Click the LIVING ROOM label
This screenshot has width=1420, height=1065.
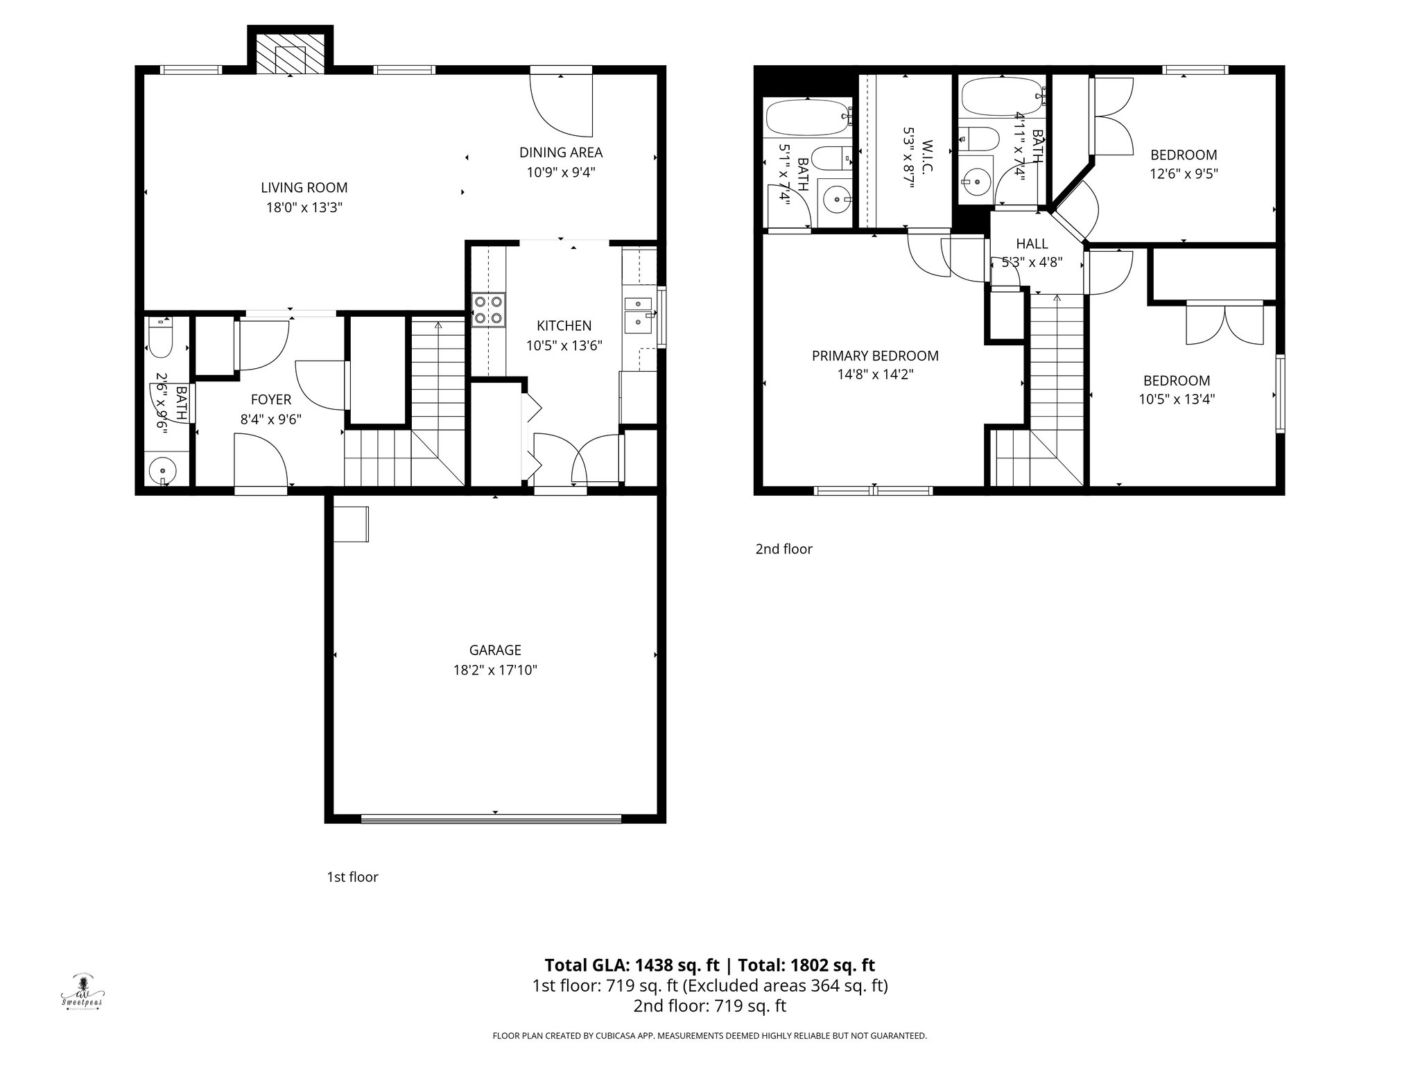(x=304, y=187)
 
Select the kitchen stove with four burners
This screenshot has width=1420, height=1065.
(x=488, y=310)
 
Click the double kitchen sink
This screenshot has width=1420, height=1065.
(x=639, y=313)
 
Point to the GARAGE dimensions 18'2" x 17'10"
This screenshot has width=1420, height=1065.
(x=494, y=670)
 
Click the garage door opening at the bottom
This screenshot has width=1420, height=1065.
(x=491, y=819)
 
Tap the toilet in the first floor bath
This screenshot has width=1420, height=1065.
(x=160, y=338)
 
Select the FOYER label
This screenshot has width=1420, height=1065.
(x=270, y=400)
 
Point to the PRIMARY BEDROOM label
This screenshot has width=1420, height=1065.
(x=875, y=356)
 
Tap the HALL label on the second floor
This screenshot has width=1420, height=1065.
(x=1032, y=243)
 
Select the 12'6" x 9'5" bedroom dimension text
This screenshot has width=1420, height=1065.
(x=1184, y=174)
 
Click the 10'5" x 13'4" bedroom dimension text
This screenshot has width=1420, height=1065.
(x=1177, y=399)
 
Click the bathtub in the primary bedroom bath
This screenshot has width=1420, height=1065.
(x=807, y=117)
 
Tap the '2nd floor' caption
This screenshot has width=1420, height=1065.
(x=783, y=549)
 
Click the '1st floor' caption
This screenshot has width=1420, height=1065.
(x=352, y=877)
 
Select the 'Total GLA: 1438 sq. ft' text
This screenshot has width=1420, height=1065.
(x=632, y=965)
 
